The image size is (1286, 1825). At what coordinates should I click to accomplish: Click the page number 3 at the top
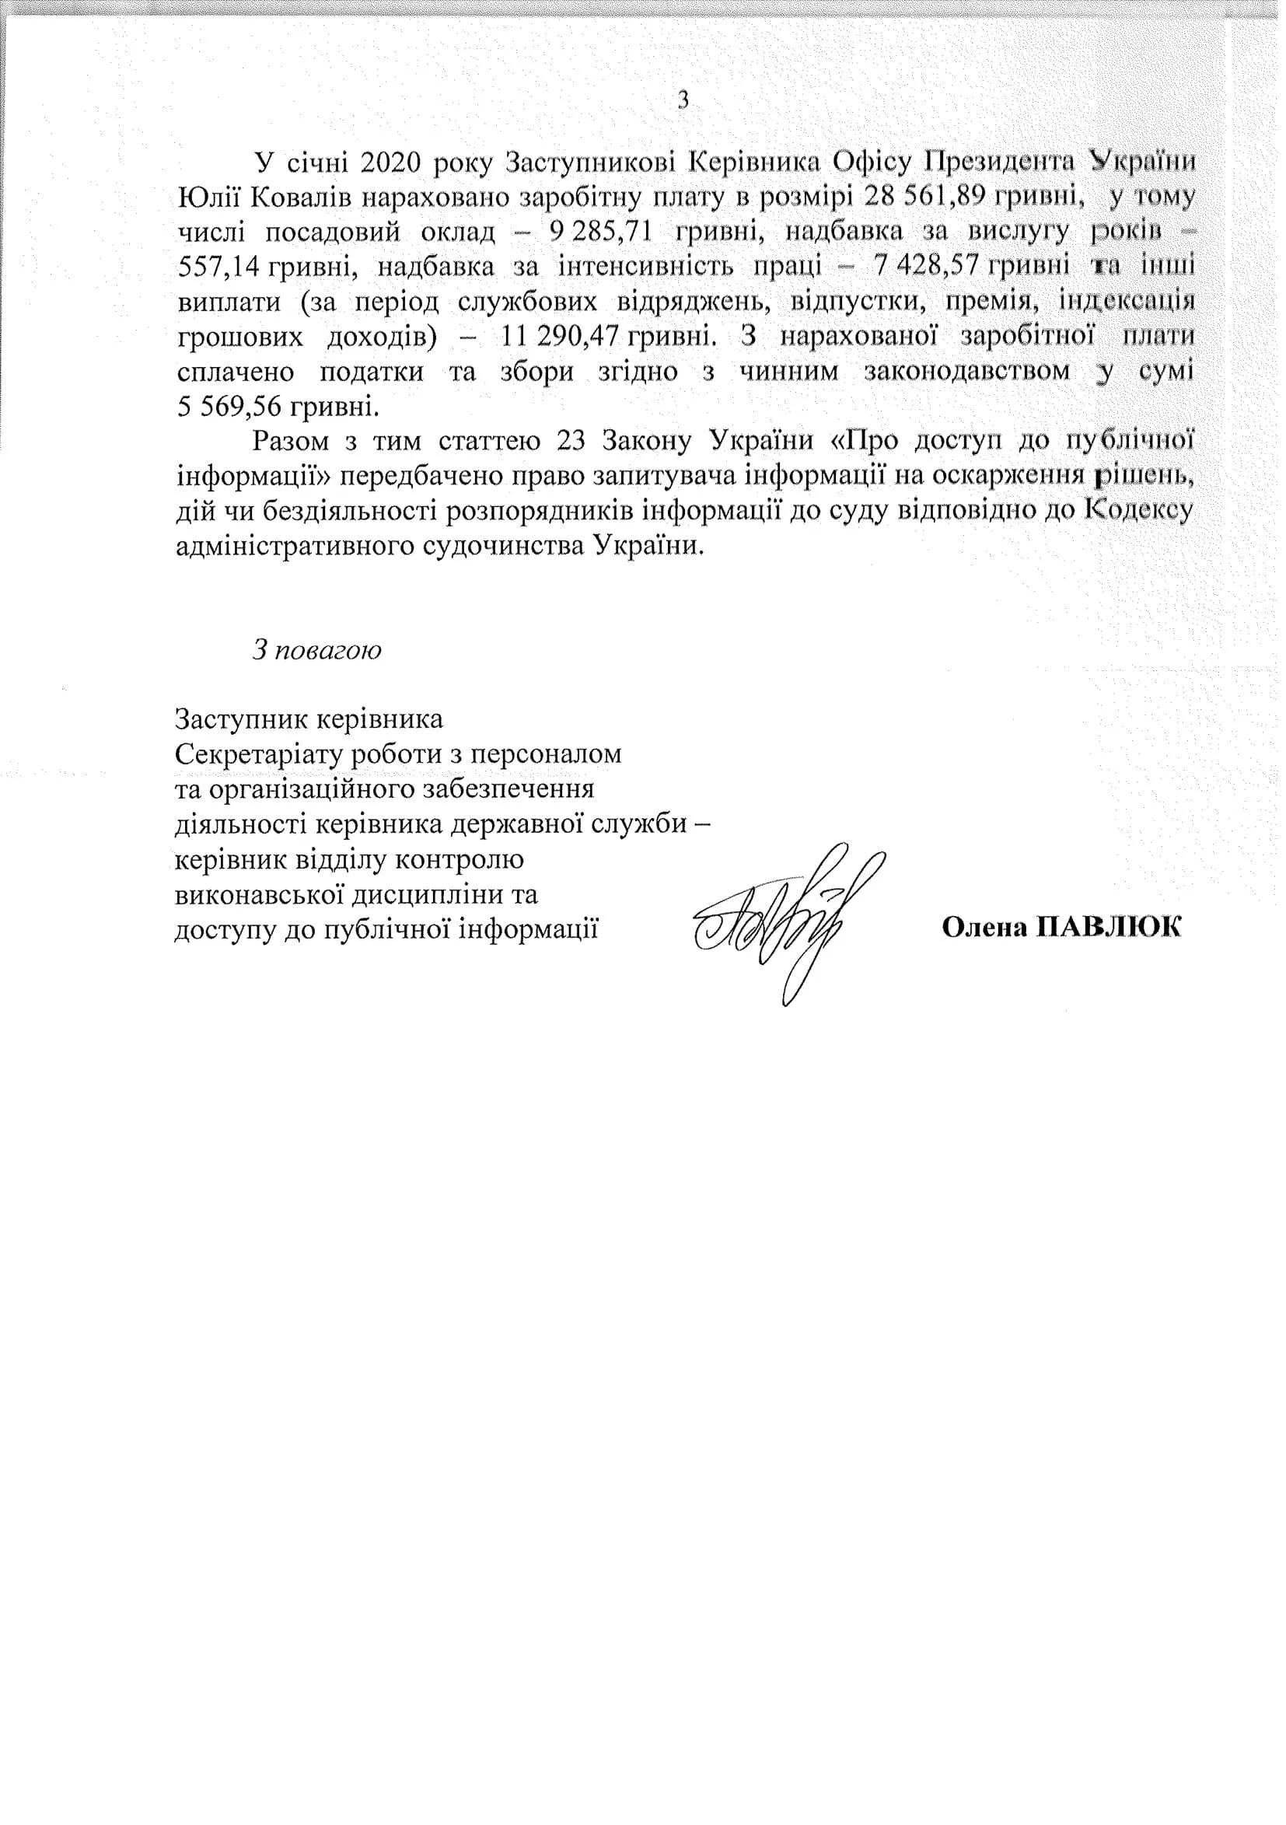tap(682, 100)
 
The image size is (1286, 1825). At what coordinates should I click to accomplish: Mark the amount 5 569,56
tap(225, 407)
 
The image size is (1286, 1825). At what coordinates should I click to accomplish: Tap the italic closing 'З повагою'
tap(317, 649)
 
